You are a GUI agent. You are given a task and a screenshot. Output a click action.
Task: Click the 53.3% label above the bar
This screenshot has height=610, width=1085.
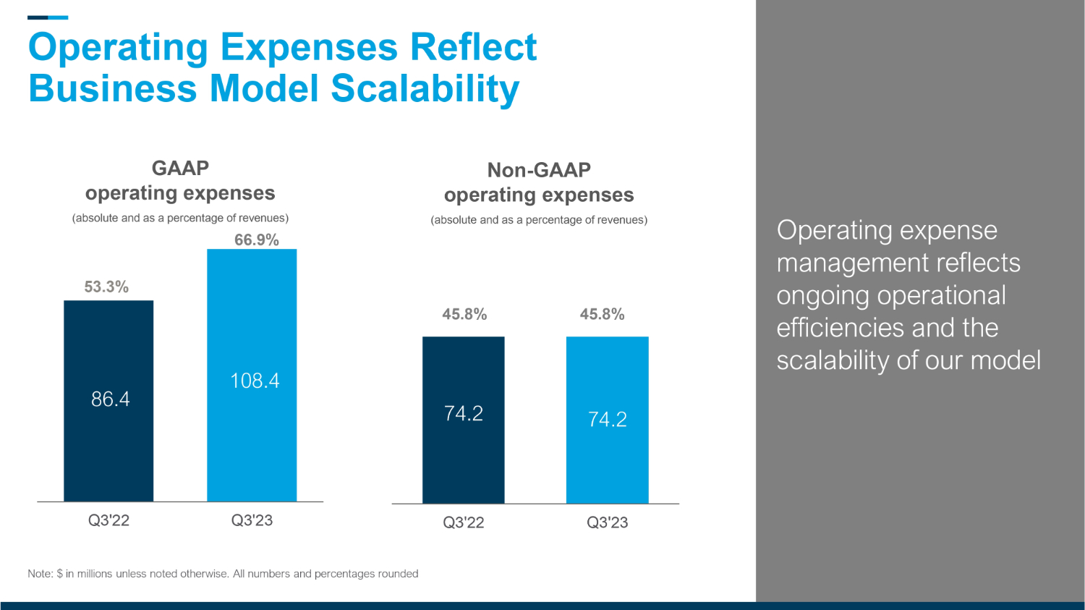click(106, 287)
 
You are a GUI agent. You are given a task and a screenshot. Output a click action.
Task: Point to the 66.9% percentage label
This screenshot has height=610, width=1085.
click(257, 240)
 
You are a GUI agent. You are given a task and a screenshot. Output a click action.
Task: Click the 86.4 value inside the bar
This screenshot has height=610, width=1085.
click(111, 399)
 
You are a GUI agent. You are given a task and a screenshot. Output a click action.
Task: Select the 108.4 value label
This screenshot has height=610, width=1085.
click(255, 381)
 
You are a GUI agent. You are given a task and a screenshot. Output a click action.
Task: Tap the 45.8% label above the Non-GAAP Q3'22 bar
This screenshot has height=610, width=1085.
click(464, 314)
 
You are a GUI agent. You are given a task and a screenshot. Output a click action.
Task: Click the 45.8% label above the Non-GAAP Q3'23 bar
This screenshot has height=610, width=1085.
click(602, 314)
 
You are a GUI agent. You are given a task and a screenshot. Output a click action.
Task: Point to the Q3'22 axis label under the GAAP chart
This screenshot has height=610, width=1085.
click(109, 520)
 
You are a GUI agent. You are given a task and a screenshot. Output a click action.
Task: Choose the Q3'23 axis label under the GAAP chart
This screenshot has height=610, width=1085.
click(252, 520)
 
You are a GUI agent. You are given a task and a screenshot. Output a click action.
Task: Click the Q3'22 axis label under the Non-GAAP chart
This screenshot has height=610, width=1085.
click(464, 522)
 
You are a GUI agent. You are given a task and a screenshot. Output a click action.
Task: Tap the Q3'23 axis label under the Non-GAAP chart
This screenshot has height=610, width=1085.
click(607, 522)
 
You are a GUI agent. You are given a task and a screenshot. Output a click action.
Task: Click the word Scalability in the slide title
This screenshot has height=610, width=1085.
click(425, 89)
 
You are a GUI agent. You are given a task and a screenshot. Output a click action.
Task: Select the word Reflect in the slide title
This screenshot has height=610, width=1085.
click(473, 48)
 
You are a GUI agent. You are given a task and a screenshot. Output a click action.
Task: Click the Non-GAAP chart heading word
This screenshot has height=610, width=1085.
click(539, 170)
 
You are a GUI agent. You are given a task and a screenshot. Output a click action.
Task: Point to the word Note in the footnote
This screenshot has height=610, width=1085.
click(39, 574)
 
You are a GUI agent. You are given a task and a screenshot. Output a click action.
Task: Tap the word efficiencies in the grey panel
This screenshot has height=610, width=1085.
click(841, 328)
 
